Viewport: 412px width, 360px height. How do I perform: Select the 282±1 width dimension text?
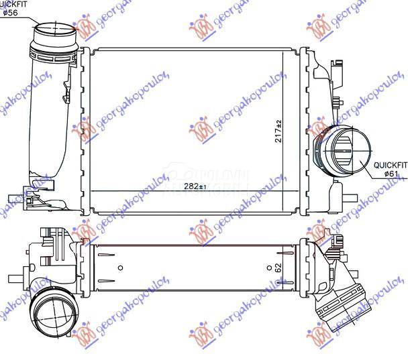(x=195, y=186)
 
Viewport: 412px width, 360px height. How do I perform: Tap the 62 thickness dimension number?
(x=278, y=267)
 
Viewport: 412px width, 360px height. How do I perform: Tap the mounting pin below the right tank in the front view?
(x=349, y=198)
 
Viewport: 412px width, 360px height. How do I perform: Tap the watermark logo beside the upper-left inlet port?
(x=86, y=27)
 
